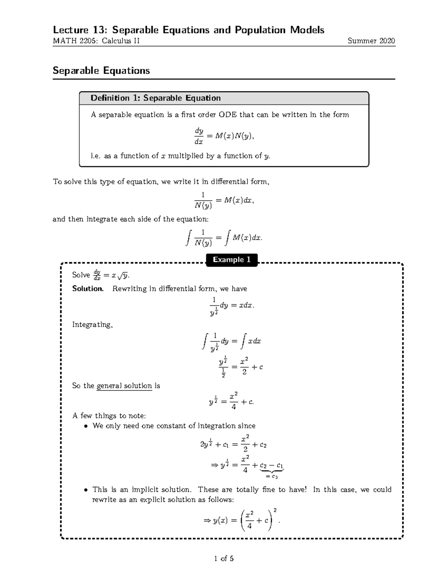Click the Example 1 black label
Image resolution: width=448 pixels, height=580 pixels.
pyautogui.click(x=231, y=260)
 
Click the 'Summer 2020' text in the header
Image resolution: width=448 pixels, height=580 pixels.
pyautogui.click(x=371, y=41)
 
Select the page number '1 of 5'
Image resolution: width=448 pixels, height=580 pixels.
pyautogui.click(x=224, y=559)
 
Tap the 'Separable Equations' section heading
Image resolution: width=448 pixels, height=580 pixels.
pyautogui.click(x=101, y=71)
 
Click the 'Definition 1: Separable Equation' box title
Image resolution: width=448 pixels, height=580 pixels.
pyautogui.click(x=156, y=98)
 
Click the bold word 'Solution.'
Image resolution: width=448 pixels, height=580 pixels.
pyautogui.click(x=88, y=289)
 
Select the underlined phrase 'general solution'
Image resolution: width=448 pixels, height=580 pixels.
pyautogui.click(x=124, y=386)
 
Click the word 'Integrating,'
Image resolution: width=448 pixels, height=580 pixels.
pyautogui.click(x=92, y=325)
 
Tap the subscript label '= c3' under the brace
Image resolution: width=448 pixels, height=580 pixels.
pyautogui.click(x=271, y=476)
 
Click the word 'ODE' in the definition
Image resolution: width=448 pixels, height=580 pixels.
pyautogui.click(x=228, y=115)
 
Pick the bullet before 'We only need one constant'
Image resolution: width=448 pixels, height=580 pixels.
pyautogui.click(x=86, y=426)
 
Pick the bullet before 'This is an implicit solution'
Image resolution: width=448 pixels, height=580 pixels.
pyautogui.click(x=86, y=490)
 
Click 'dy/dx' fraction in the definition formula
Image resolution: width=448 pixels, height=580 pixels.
pyautogui.click(x=199, y=136)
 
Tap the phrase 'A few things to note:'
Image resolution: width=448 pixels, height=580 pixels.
pyautogui.click(x=109, y=416)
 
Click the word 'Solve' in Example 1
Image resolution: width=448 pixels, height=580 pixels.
pyautogui.click(x=81, y=275)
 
